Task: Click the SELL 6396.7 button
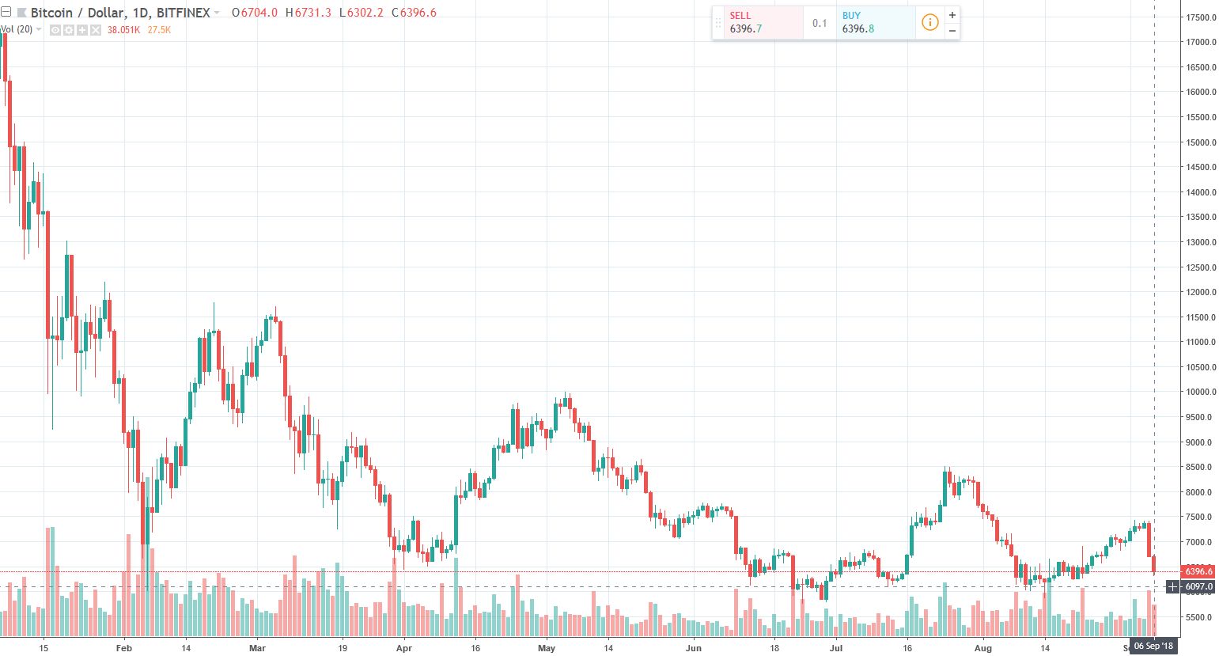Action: (757, 22)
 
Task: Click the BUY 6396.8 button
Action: (875, 22)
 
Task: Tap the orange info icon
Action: (930, 22)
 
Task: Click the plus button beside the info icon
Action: (952, 15)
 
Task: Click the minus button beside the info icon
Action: (952, 31)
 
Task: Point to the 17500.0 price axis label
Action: (1200, 17)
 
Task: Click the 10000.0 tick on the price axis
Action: (1200, 392)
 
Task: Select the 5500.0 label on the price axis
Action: (1200, 617)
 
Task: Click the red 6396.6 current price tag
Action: (1198, 571)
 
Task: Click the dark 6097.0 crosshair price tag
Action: (1198, 587)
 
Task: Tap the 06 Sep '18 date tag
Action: (1153, 647)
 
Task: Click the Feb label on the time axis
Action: (123, 648)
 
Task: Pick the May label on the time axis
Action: (547, 648)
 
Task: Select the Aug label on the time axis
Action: (982, 648)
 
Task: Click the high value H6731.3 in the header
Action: (308, 13)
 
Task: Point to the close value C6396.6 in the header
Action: (418, 13)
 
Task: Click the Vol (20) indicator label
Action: (17, 29)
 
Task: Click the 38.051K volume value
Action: (123, 30)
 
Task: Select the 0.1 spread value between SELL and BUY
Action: (820, 23)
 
